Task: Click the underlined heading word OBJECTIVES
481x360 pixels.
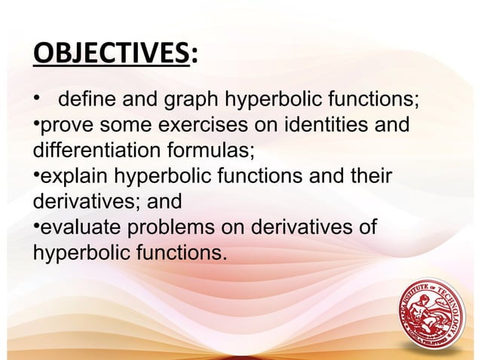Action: click(112, 55)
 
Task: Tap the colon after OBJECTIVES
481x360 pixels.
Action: click(195, 56)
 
